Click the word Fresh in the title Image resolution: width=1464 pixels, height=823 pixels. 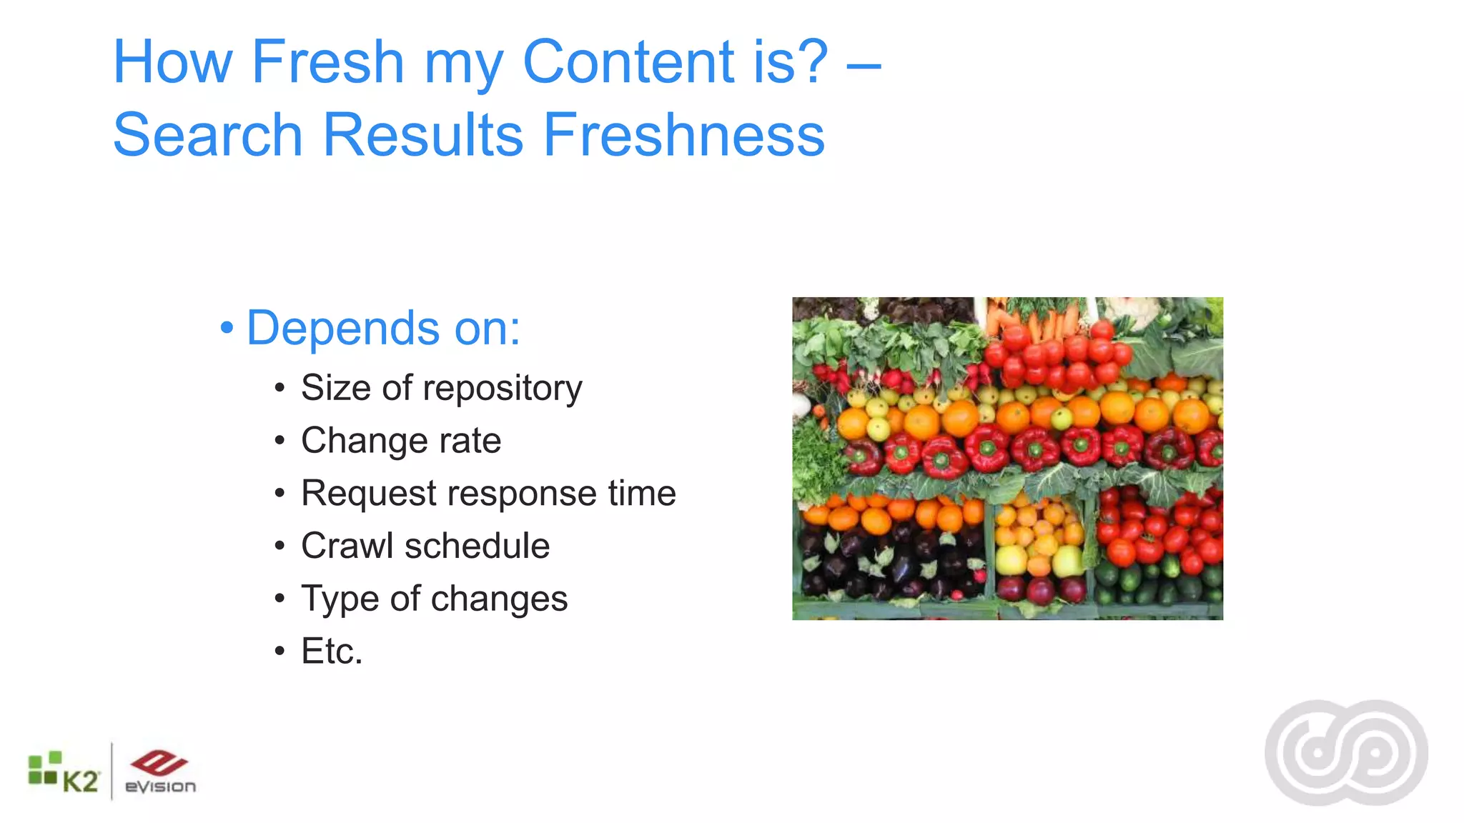[x=328, y=62]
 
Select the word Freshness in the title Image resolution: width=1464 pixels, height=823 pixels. [x=683, y=135]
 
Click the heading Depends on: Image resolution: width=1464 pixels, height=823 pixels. [x=383, y=328]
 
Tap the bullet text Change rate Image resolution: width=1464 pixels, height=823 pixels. [x=400, y=441]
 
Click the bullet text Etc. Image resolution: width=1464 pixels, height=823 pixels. [x=332, y=651]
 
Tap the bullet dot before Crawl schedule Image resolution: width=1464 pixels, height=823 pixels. [x=280, y=547]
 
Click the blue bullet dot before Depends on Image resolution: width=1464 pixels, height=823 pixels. [x=227, y=328]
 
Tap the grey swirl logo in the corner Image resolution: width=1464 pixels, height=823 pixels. [x=1346, y=753]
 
